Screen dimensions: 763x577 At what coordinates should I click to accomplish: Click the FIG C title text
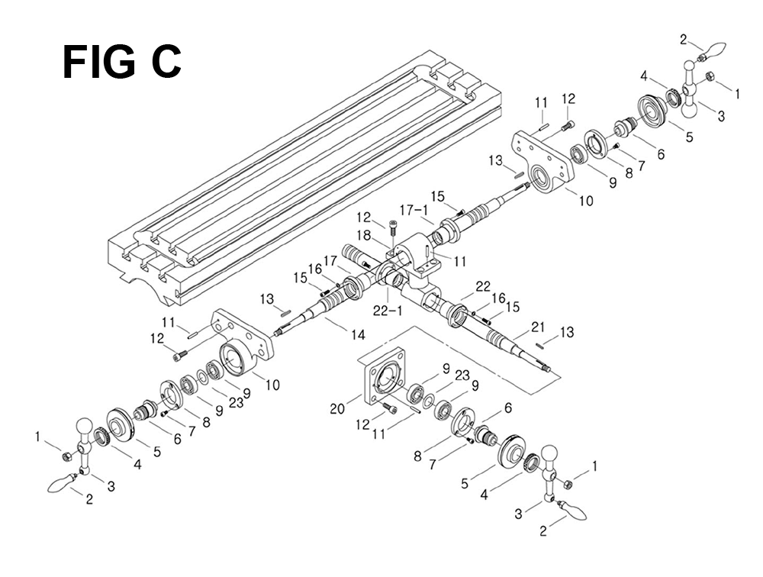click(x=121, y=62)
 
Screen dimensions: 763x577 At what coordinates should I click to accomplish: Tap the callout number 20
click(x=337, y=409)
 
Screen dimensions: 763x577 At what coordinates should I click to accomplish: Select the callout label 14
click(x=357, y=334)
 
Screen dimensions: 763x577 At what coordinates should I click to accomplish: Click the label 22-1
click(x=388, y=310)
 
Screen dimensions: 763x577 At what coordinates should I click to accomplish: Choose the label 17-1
click(x=414, y=211)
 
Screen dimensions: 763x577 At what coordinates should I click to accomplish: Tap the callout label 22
click(x=483, y=286)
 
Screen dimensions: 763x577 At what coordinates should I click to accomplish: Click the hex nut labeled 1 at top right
click(x=709, y=76)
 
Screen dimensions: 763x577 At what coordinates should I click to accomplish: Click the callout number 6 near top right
click(x=660, y=154)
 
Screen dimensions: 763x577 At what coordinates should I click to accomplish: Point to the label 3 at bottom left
click(x=111, y=485)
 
